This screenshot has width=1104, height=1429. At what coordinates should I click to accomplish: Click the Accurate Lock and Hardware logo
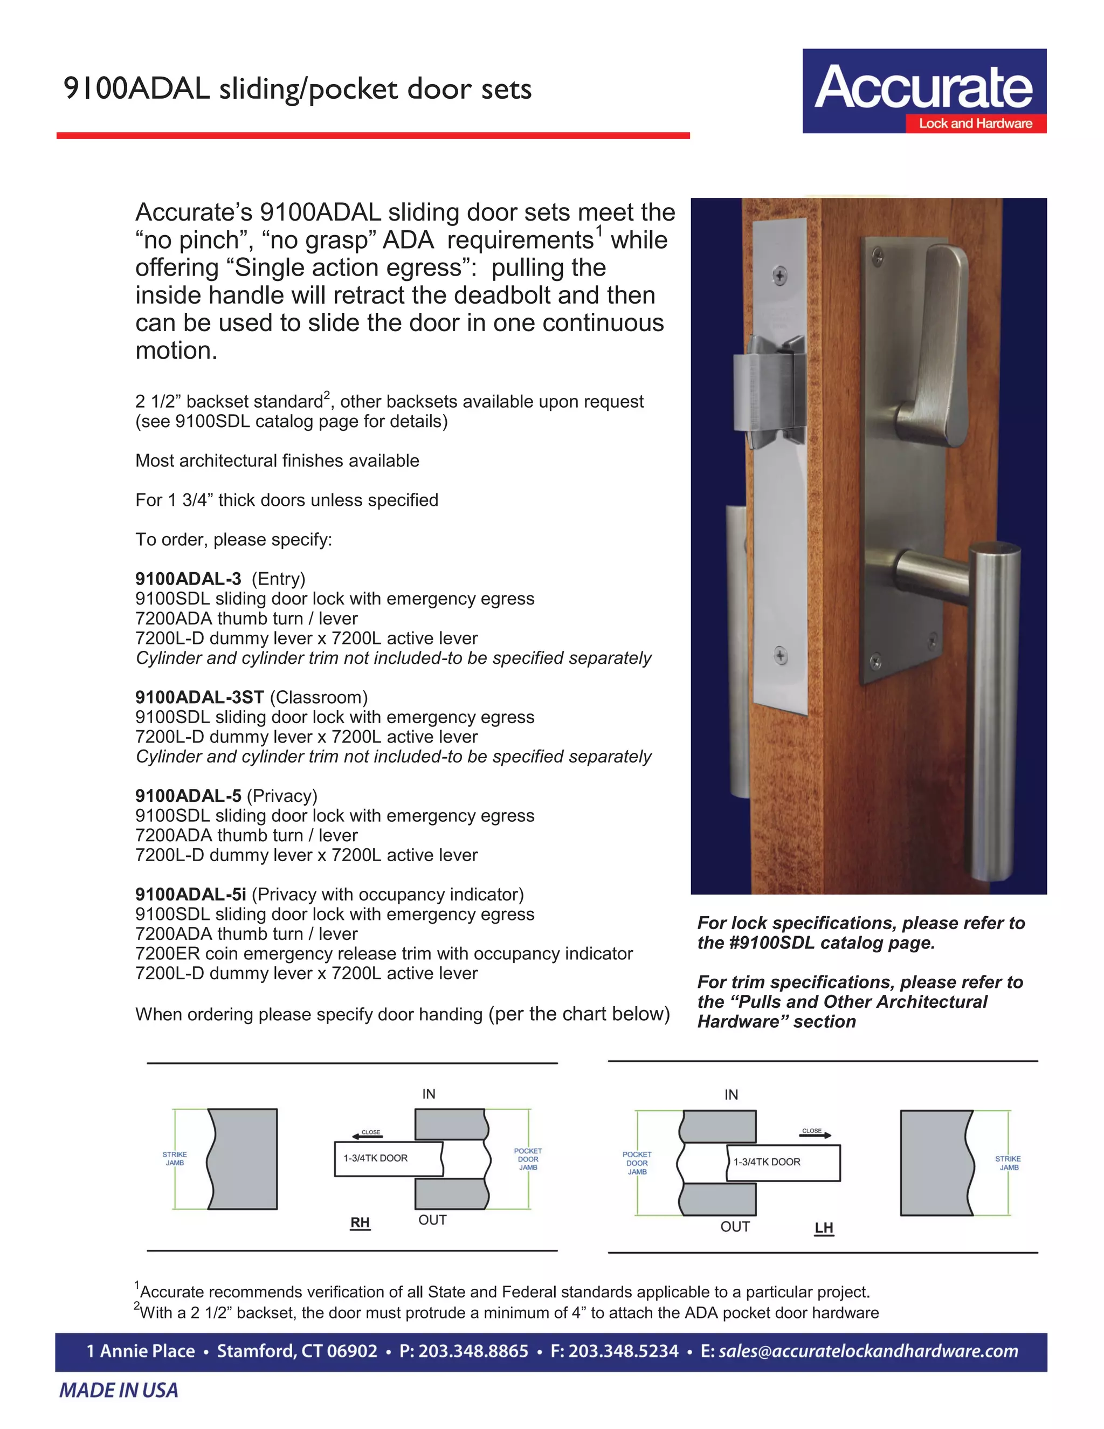(x=923, y=91)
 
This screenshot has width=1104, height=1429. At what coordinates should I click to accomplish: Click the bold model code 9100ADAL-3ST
(x=199, y=697)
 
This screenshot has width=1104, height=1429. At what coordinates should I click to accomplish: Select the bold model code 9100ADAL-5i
(x=190, y=895)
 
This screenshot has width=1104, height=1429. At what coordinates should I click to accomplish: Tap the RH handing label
(x=360, y=1223)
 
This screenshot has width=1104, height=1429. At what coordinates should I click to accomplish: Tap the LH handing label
(x=824, y=1228)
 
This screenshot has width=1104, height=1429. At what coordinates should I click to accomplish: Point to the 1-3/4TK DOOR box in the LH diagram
(x=783, y=1162)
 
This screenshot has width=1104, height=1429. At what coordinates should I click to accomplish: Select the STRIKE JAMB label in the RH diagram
(x=175, y=1159)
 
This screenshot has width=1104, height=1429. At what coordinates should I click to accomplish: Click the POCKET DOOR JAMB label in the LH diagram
(x=637, y=1163)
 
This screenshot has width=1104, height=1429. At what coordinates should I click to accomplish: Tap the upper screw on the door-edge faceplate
(x=779, y=276)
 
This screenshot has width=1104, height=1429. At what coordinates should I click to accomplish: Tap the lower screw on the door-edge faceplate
(x=779, y=655)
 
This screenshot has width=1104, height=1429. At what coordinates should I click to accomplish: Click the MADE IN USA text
(x=119, y=1390)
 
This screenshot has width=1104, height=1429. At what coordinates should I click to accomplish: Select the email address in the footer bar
(x=868, y=1351)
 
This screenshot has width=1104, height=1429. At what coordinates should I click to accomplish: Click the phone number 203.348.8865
(x=473, y=1351)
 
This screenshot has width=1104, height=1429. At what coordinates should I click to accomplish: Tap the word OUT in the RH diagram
(x=432, y=1220)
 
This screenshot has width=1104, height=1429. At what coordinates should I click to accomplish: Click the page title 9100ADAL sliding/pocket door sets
(x=298, y=89)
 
